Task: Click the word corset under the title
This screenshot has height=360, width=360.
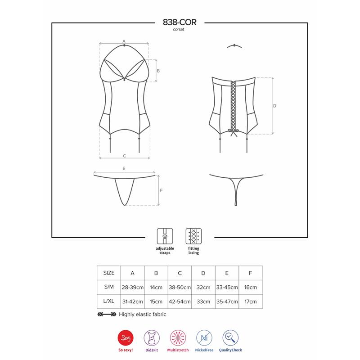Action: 180,29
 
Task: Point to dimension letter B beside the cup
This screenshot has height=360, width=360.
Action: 158,71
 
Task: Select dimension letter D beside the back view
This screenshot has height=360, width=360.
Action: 275,106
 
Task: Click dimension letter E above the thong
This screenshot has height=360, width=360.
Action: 124,168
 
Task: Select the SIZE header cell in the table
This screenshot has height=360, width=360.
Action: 109,273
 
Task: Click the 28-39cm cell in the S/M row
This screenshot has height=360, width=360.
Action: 132,287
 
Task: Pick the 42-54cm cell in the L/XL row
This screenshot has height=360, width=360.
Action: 180,301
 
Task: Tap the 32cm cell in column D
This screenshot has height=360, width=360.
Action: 203,287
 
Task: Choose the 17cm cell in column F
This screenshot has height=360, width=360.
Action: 251,301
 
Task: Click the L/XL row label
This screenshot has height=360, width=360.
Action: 109,301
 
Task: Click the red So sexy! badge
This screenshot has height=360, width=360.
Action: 125,338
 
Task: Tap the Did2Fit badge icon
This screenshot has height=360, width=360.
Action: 152,338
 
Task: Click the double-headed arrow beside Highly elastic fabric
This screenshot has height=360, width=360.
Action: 107,315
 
